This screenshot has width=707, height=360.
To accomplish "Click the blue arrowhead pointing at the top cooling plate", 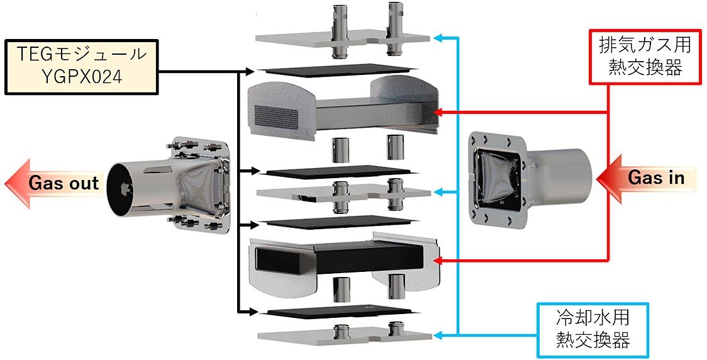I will pyautogui.click(x=440, y=38).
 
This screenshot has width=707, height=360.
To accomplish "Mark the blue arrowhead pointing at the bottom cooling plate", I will pyautogui.click(x=440, y=335).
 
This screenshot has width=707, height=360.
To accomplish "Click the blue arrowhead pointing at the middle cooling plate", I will pyautogui.click(x=440, y=191).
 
